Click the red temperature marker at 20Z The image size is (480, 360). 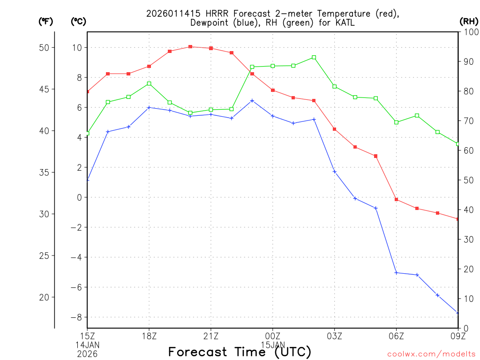pos(190,47)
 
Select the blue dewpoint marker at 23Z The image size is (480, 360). pos(252,100)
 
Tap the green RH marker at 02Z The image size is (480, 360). pos(314,57)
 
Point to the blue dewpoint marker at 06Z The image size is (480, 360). pos(396,272)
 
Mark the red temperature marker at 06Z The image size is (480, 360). pos(396,200)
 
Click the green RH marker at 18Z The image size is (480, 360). pos(149,83)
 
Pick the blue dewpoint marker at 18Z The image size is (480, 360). pos(149,107)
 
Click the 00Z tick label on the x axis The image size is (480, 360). pos(273,336)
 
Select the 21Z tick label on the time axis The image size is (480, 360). pos(211,336)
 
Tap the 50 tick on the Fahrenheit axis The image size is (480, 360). pos(46,48)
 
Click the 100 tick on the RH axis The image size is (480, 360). pos(470,32)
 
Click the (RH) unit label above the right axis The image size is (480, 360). pos(469,21)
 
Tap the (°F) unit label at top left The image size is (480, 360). pos(45,21)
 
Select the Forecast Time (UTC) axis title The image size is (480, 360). pos(240,352)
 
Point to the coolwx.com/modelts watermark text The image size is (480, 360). pos(431,354)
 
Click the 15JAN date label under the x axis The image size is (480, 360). pos(273,345)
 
